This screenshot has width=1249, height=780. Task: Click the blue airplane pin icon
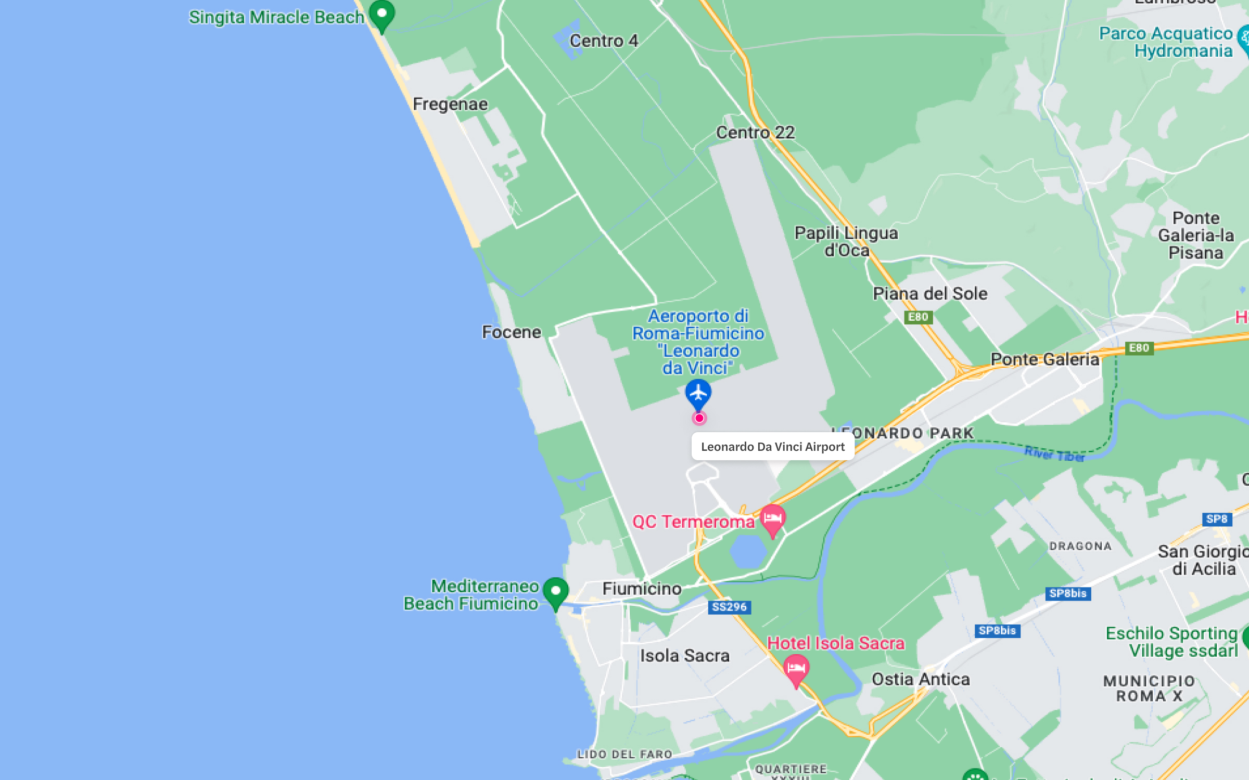click(x=698, y=393)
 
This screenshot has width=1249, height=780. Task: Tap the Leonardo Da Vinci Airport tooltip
click(x=773, y=447)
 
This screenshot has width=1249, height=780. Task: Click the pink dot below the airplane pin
click(x=699, y=418)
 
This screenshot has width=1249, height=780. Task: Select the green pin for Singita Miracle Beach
click(x=382, y=14)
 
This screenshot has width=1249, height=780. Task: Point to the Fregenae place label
click(x=450, y=104)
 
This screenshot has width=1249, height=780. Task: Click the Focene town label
click(x=512, y=332)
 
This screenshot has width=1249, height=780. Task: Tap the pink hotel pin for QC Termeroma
click(x=773, y=519)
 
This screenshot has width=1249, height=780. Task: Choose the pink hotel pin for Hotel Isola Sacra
click(x=796, y=669)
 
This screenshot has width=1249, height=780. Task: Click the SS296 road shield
click(x=729, y=607)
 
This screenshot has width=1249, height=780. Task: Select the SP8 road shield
click(x=1217, y=519)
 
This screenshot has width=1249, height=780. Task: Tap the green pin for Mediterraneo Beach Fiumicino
click(x=555, y=592)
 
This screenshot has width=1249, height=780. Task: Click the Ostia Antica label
click(x=921, y=679)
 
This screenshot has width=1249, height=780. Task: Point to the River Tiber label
click(x=1054, y=454)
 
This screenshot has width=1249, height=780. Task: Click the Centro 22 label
click(x=755, y=133)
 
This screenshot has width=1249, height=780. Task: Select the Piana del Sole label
click(x=930, y=294)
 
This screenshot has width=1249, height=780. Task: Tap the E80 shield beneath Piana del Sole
click(x=918, y=317)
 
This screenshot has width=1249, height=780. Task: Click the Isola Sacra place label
click(x=684, y=656)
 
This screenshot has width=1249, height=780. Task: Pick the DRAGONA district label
click(x=1080, y=546)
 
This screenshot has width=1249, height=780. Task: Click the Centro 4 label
click(x=604, y=41)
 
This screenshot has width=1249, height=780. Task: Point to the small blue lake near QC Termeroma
click(x=748, y=551)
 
